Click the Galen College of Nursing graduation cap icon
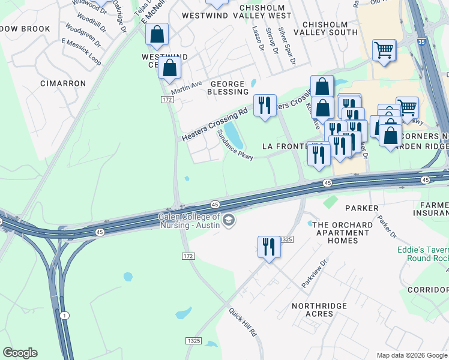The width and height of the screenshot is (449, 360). (x=228, y=221)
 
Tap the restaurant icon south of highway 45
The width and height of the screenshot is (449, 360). (x=268, y=247)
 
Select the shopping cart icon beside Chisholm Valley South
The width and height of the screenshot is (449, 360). (x=384, y=49)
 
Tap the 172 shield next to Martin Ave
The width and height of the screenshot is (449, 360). (x=167, y=99)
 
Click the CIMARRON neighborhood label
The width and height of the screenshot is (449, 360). (x=63, y=83)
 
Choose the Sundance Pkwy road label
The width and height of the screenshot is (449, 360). (x=235, y=145)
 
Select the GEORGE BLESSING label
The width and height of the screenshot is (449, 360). (x=228, y=88)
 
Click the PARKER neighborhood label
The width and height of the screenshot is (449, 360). (x=362, y=208)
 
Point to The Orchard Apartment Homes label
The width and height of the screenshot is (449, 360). (x=343, y=233)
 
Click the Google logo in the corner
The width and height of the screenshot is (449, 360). (x=20, y=353)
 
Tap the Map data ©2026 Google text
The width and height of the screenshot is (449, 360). (x=412, y=355)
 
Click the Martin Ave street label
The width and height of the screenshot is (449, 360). (x=186, y=88)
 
